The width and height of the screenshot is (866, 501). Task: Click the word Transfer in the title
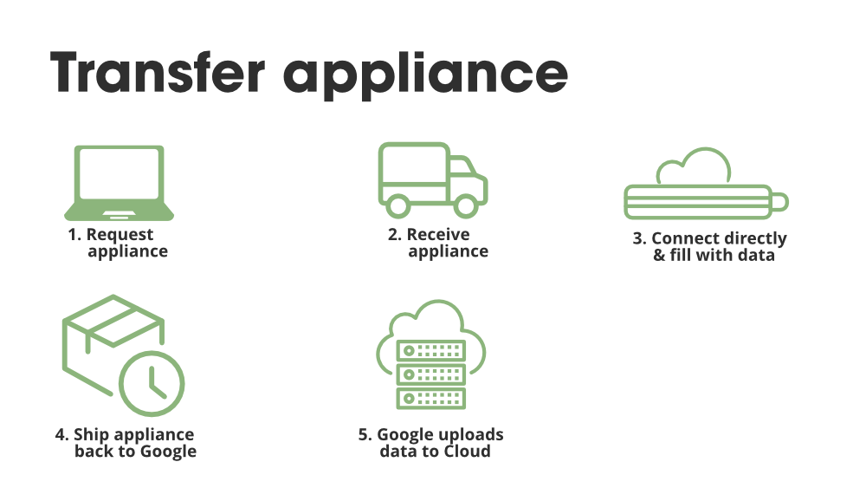pos(156,73)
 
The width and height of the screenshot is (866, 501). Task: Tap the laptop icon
pos(119,184)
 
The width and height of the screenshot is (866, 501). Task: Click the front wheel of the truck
pos(466,205)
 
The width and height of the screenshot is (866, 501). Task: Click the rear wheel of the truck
pos(397,205)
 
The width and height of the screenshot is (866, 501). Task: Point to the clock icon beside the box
pos(152,382)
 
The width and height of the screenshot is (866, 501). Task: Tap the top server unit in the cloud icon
pos(430,350)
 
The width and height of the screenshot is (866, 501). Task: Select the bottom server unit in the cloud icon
pos(430,398)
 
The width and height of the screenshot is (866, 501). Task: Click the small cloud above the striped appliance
pos(694,168)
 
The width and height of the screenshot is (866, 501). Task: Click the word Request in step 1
pos(120,234)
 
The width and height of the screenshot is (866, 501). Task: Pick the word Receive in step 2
pos(438,234)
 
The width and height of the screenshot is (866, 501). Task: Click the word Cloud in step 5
pos(467,452)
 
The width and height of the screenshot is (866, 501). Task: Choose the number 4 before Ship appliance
pos(61,434)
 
